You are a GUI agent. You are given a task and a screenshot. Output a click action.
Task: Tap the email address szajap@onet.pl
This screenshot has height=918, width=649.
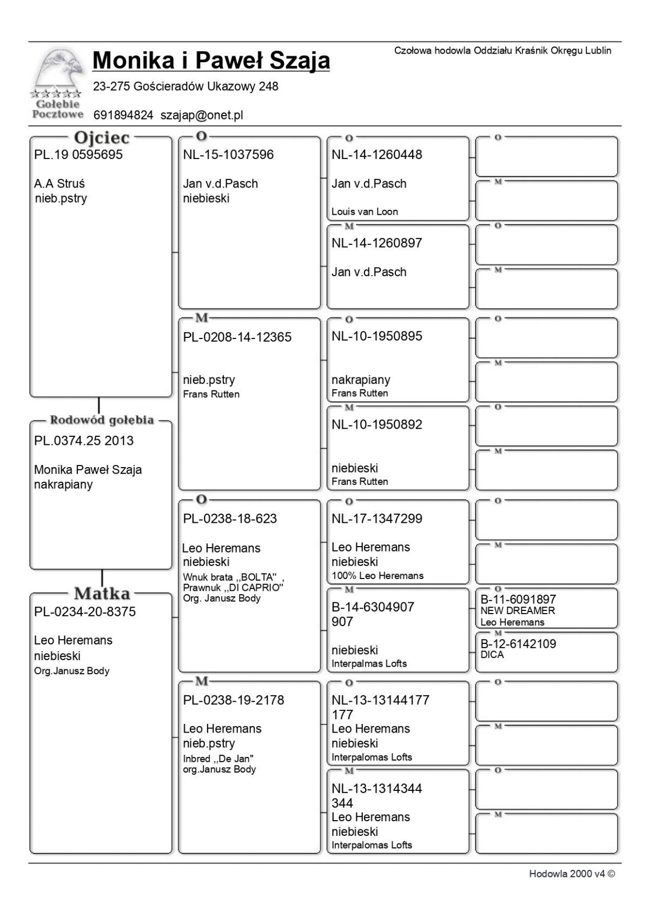point(202,115)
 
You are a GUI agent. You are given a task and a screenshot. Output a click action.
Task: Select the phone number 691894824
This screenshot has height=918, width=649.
point(123,115)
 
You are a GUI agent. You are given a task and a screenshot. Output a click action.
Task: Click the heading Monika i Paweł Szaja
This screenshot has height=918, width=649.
point(211,61)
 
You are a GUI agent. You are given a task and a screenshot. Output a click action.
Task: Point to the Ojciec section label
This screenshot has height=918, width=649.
point(102,138)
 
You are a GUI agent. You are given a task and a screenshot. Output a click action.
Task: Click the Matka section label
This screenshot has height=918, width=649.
point(102,594)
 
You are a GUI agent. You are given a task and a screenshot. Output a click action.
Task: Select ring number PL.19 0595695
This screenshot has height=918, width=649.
point(78,155)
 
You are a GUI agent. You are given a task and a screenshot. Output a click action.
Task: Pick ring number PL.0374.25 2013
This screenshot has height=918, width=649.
point(84,441)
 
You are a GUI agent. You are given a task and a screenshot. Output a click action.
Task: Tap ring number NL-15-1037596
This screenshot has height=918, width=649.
point(228,155)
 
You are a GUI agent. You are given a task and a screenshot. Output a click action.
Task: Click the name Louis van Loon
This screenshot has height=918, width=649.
point(365,212)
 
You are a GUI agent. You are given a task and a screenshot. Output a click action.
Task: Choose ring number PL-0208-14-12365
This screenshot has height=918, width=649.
point(237,337)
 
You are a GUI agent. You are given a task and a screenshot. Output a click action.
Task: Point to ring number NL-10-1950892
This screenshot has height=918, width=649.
point(377,425)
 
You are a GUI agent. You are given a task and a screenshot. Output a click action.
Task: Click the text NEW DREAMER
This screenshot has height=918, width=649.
point(518,611)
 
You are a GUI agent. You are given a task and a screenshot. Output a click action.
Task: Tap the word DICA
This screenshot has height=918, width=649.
point(492,655)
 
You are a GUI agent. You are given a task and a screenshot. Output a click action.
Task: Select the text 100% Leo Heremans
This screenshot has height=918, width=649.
point(378,576)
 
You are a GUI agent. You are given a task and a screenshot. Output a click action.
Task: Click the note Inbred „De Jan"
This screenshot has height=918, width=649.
point(218,759)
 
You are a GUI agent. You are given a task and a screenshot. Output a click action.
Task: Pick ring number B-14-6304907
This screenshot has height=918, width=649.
point(373,607)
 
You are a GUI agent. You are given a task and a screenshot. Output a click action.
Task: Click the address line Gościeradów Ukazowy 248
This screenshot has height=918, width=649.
point(186,87)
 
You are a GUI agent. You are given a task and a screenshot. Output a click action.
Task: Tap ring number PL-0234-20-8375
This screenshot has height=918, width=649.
point(85,612)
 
